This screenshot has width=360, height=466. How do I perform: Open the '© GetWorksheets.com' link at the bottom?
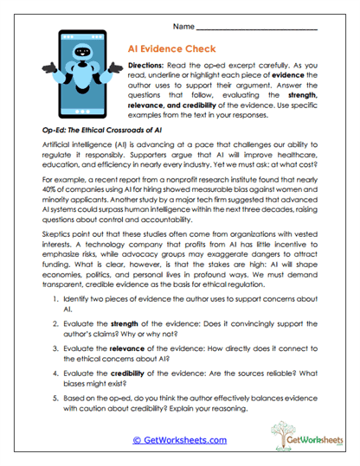point(180,439)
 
